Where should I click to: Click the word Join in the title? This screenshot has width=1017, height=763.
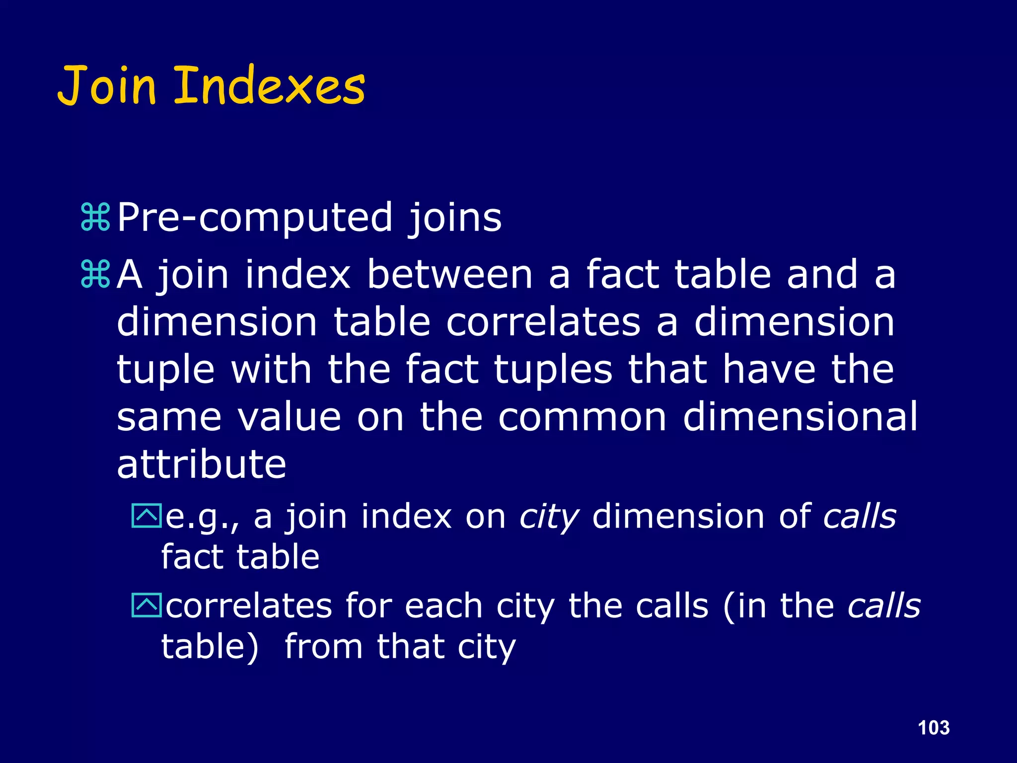tap(107, 86)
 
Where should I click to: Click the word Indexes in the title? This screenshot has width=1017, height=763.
tap(270, 86)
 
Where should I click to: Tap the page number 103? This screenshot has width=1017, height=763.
tap(934, 728)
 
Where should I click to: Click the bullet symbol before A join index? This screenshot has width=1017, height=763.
tap(95, 274)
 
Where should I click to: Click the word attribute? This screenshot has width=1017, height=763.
tap(202, 464)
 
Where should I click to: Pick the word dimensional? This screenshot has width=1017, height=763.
tap(800, 417)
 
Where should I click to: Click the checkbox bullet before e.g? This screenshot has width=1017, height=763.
tap(146, 516)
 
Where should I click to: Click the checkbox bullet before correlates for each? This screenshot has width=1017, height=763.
tap(146, 605)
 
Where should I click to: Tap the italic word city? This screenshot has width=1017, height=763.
tap(549, 517)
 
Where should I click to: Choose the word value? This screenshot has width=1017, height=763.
tap(289, 417)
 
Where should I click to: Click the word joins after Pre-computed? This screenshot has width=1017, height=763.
tap(455, 218)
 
